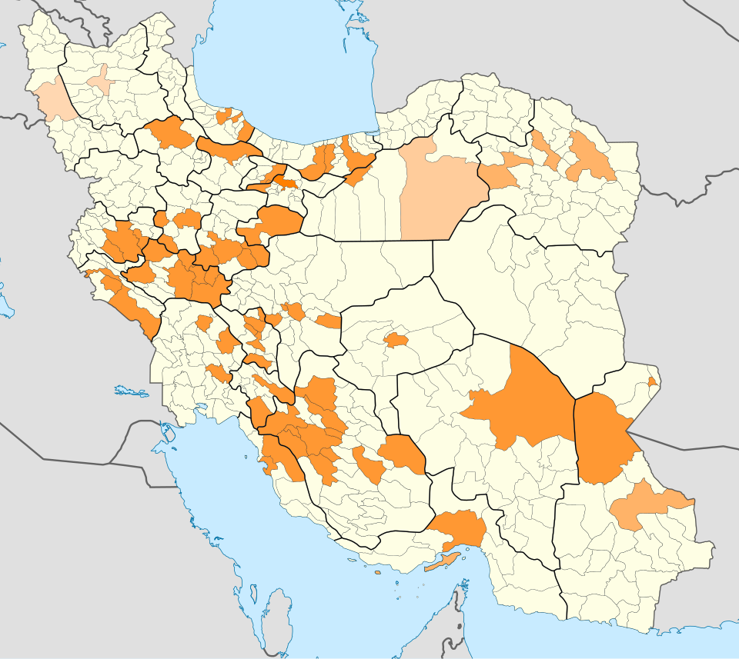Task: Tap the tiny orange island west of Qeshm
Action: (377, 571)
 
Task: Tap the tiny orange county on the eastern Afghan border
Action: (652, 381)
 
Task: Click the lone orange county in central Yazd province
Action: (396, 339)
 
